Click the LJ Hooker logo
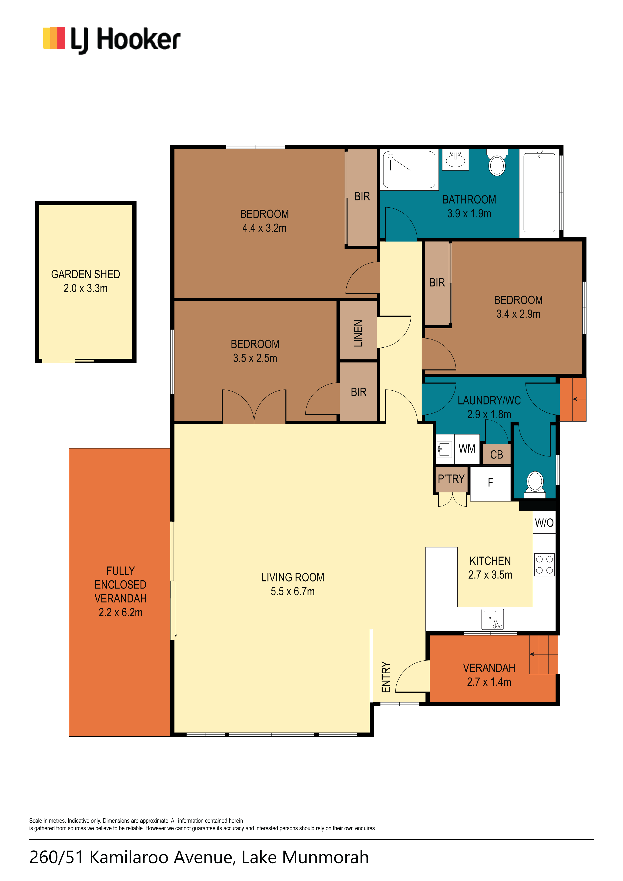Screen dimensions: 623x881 click(111, 40)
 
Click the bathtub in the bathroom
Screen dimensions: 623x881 click(539, 192)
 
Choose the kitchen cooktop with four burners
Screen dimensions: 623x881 click(544, 565)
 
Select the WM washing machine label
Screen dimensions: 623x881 click(467, 449)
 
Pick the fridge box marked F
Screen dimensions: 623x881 click(491, 483)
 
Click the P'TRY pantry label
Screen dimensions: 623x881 click(451, 479)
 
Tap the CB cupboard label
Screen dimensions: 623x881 click(496, 455)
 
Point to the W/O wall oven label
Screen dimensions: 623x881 click(544, 523)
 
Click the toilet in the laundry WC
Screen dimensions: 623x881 click(535, 485)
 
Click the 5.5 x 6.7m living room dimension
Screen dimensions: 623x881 click(292, 591)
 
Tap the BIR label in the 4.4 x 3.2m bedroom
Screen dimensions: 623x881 click(362, 196)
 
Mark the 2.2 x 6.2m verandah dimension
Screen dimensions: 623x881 click(121, 612)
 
